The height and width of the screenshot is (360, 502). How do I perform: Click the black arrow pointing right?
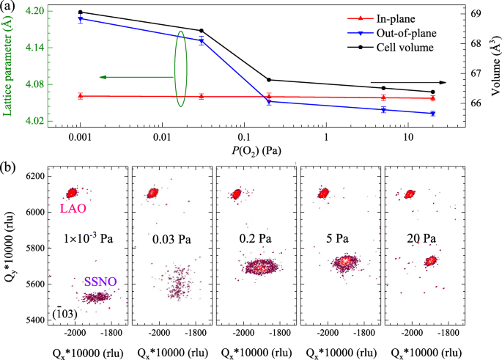(407, 83)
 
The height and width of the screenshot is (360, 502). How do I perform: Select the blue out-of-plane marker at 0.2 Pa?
(269, 102)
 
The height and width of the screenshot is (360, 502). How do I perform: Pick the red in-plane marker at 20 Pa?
(433, 98)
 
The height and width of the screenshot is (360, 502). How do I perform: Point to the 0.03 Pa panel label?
(174, 239)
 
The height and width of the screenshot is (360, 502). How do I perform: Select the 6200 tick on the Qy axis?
(34, 177)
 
